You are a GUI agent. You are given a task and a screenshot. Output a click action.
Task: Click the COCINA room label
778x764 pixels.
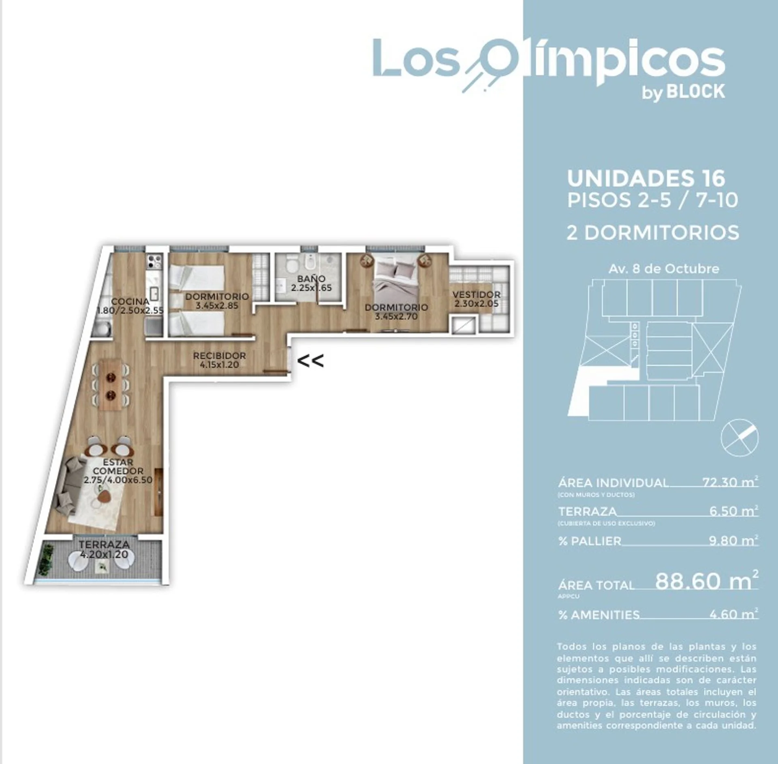pyautogui.click(x=130, y=302)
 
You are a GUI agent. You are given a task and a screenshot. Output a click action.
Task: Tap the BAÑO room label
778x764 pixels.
pyautogui.click(x=311, y=279)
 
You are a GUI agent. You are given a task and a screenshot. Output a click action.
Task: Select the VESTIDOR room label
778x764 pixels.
pyautogui.click(x=477, y=295)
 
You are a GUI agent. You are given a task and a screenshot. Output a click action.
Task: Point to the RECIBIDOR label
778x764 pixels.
pyautogui.click(x=219, y=356)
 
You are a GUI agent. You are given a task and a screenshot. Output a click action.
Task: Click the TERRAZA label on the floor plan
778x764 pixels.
pyautogui.click(x=104, y=545)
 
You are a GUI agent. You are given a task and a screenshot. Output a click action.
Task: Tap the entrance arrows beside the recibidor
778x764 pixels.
pyautogui.click(x=311, y=361)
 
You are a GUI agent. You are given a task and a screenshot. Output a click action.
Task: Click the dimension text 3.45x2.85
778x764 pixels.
pyautogui.click(x=217, y=306)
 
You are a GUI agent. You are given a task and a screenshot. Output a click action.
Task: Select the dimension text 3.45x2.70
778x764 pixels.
pyautogui.click(x=396, y=317)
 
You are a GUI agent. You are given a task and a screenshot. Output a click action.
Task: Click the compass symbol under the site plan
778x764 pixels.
pyautogui.click(x=740, y=439)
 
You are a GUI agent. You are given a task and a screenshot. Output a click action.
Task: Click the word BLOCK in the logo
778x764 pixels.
pyautogui.click(x=696, y=92)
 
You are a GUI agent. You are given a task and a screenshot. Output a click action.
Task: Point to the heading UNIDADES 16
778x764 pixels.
pyautogui.click(x=646, y=178)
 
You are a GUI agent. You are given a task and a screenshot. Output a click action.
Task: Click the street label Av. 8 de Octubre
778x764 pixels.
pyautogui.click(x=664, y=269)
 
